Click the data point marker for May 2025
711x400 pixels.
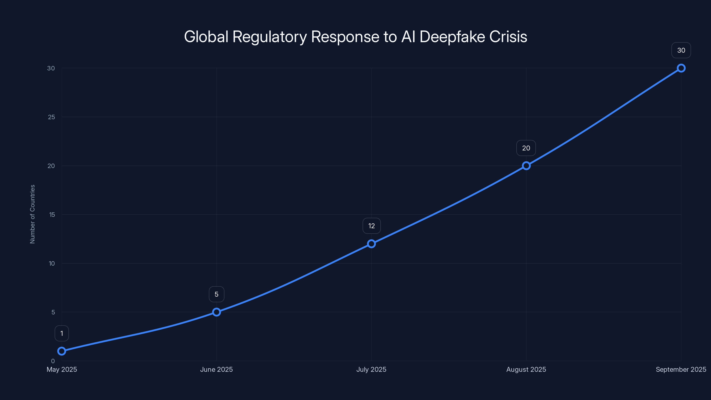coord(62,351)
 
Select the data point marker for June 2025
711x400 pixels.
coord(216,312)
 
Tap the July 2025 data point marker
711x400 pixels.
coord(371,244)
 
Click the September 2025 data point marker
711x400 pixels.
coord(681,68)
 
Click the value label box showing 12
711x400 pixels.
coord(371,226)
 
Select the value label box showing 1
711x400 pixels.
coord(62,334)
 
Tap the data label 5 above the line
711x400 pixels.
coord(216,294)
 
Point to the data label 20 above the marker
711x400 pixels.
coord(526,148)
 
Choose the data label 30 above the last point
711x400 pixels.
coord(681,50)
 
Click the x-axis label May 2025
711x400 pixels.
coord(62,369)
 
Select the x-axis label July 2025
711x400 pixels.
coord(371,369)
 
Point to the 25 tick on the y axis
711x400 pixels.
coord(51,117)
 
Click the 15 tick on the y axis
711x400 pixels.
coord(52,214)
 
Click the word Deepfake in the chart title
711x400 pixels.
coord(452,37)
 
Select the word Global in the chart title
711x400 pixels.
coord(206,37)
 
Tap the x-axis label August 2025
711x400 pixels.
coord(526,369)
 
